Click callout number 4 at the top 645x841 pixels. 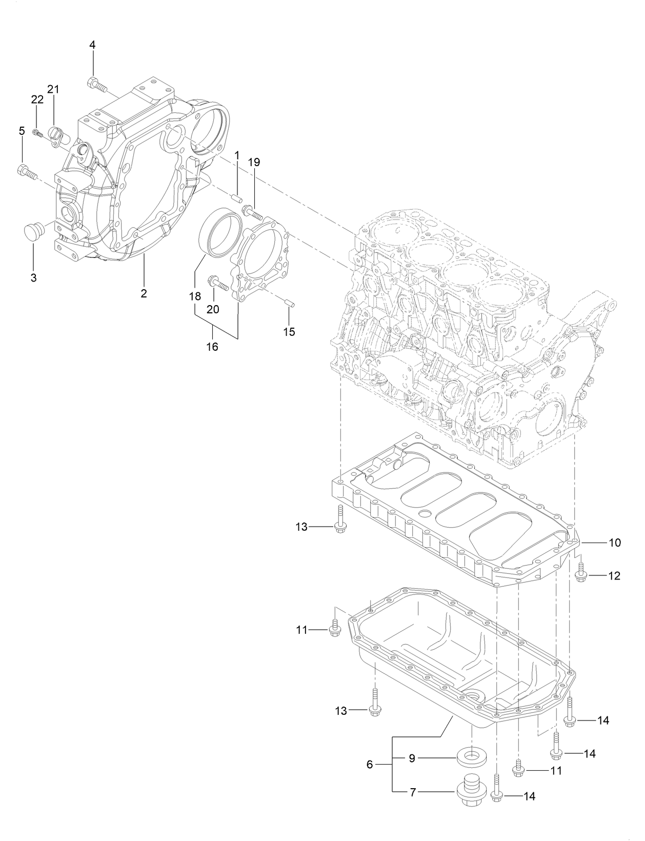pos(92,45)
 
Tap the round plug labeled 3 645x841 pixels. pos(34,231)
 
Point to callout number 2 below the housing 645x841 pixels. pos(144,293)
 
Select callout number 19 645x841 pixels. pos(254,163)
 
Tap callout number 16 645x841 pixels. pos(212,347)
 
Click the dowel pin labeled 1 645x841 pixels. pos(237,197)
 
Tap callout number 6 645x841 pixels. pos(370,764)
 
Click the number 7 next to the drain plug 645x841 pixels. pos(413,792)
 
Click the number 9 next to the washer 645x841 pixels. pos(412,758)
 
